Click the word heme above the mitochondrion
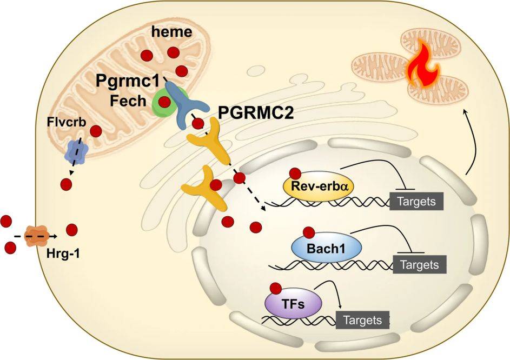(172, 32)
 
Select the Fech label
(128, 101)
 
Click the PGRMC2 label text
(256, 114)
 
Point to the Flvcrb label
(67, 122)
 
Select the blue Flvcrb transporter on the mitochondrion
(77, 151)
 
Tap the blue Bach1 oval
(326, 248)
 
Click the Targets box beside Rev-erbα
(417, 201)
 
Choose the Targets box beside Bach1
(420, 264)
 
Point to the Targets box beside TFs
(362, 320)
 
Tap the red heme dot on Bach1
(309, 233)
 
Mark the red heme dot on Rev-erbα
(295, 174)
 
